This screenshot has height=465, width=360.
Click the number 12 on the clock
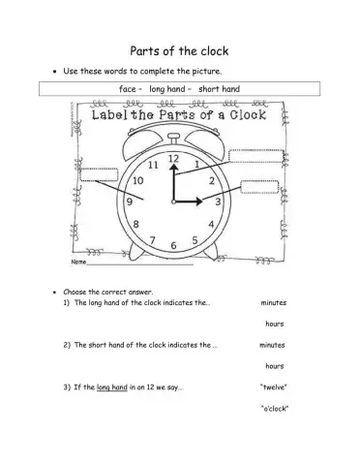coord(174,157)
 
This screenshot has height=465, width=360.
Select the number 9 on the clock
coord(129,201)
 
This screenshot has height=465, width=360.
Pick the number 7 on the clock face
coord(151,239)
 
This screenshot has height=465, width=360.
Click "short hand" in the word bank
coord(219,89)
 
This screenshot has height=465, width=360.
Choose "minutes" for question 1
coord(274,302)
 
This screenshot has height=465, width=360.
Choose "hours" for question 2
coord(274,366)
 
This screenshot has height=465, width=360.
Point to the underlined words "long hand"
coord(115,387)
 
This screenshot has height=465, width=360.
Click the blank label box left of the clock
coord(94,183)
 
